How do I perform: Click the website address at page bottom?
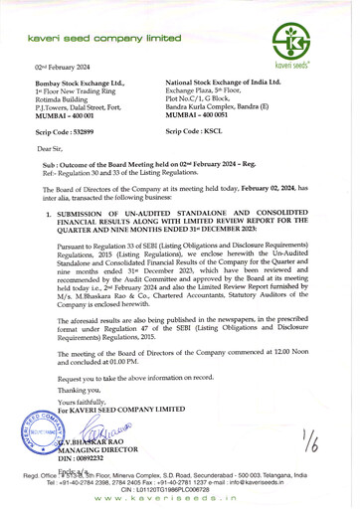click(x=180, y=502)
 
